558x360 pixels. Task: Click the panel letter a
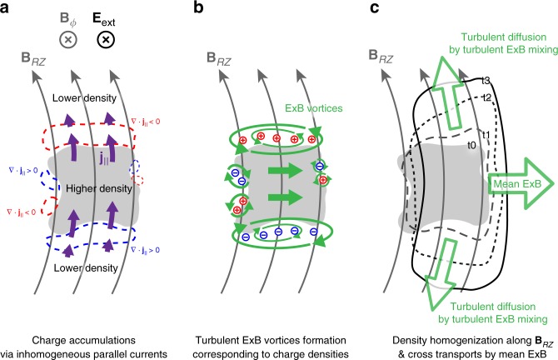[x=7, y=7]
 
